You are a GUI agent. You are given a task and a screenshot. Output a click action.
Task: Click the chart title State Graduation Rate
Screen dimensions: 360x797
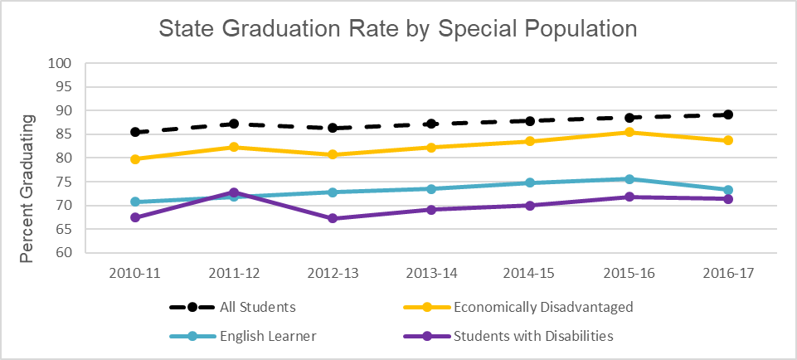pos(397,29)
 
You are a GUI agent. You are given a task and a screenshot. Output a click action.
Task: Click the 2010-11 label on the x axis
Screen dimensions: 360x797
pos(135,273)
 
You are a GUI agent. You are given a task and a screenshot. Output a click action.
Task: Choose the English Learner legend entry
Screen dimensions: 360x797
pos(257,336)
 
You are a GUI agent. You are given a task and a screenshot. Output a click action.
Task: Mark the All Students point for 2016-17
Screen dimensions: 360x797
pos(727,114)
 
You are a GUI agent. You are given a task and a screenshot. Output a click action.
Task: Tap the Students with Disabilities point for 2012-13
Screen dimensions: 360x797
pos(333,218)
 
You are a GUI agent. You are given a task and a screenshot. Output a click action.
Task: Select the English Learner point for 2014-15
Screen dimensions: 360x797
pos(530,182)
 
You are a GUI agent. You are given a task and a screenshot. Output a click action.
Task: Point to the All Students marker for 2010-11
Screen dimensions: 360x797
pos(135,132)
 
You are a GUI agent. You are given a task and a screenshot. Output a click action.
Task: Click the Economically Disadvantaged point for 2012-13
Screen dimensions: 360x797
pos(333,154)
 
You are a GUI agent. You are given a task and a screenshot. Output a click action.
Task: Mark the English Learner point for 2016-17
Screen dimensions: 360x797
pos(727,190)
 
